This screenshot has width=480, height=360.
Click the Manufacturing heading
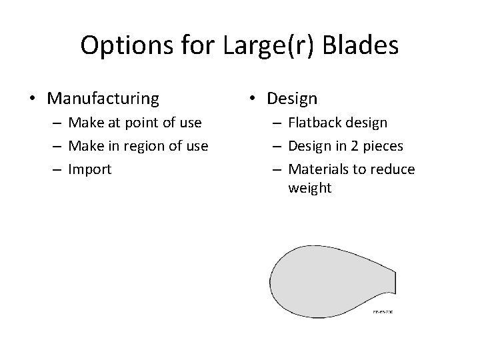(x=103, y=99)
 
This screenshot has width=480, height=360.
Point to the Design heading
(x=292, y=99)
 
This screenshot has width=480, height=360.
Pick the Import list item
(x=90, y=169)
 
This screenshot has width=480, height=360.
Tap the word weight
(x=309, y=189)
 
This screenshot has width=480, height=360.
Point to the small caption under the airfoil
(x=383, y=311)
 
